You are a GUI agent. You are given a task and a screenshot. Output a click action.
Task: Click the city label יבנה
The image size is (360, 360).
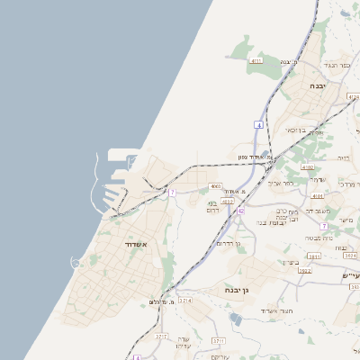[318, 85]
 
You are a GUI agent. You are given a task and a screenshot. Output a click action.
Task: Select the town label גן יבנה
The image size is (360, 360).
[237, 290]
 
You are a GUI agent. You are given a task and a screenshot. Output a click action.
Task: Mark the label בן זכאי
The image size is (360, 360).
[294, 130]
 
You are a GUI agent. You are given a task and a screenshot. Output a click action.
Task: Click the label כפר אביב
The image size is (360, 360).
[281, 184]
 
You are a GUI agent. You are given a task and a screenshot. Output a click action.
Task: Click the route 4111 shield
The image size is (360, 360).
[257, 60]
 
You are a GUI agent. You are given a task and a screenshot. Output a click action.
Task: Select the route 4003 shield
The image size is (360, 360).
[215, 186]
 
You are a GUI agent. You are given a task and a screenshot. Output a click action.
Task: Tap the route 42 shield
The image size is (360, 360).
[241, 210]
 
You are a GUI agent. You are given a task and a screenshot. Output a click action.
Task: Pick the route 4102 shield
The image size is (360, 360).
[308, 167]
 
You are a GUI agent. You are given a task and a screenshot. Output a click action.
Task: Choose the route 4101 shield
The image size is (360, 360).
[317, 195]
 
